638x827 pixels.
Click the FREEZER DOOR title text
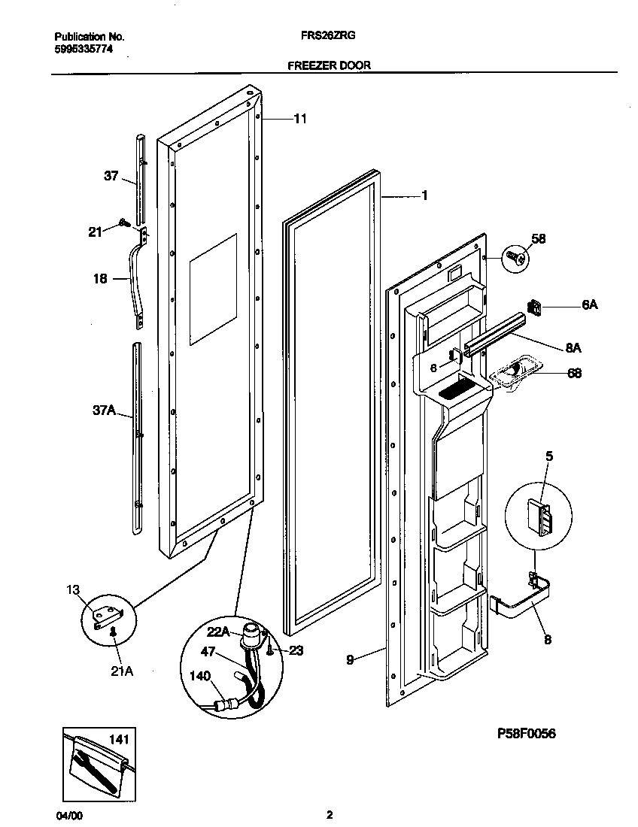point(329,65)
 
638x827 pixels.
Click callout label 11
point(299,119)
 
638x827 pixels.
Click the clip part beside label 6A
point(535,306)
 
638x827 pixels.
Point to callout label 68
point(574,373)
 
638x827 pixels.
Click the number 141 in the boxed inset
point(119,741)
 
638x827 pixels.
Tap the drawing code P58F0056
point(527,734)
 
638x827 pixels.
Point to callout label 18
point(100,279)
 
